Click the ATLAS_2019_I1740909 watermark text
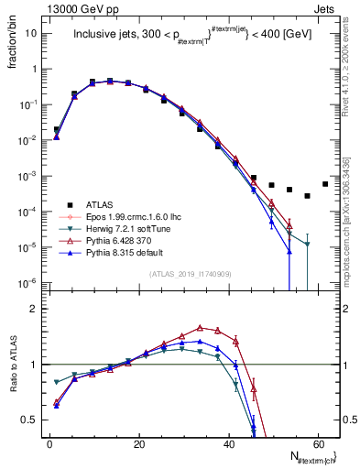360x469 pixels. tap(190, 274)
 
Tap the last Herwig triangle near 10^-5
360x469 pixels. tap(307, 245)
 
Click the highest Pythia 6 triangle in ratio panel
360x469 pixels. tap(200, 327)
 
